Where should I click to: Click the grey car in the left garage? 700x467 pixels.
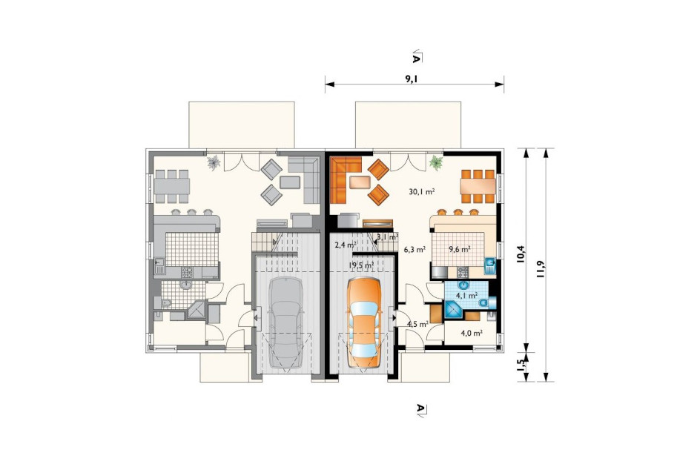coord(285,323)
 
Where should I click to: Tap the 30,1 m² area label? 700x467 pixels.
coord(422,191)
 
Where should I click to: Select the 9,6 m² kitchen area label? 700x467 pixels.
coord(460,250)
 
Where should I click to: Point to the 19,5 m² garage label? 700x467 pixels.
coord(362,265)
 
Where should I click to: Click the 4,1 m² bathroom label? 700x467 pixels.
coord(466,295)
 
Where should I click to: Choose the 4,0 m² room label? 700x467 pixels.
coord(472,333)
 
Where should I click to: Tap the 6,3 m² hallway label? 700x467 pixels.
coord(415,250)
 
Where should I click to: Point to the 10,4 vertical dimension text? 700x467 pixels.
coord(520,255)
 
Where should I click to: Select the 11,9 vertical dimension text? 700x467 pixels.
coord(541,269)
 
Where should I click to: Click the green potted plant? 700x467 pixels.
coord(436,162)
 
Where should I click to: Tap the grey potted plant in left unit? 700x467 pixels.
coord(214,162)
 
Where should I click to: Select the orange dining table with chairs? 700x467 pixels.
coord(478,186)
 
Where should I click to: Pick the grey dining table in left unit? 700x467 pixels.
coord(172,186)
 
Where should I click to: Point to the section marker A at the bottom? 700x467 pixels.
coord(420,410)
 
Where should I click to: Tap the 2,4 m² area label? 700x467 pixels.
coord(345,245)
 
